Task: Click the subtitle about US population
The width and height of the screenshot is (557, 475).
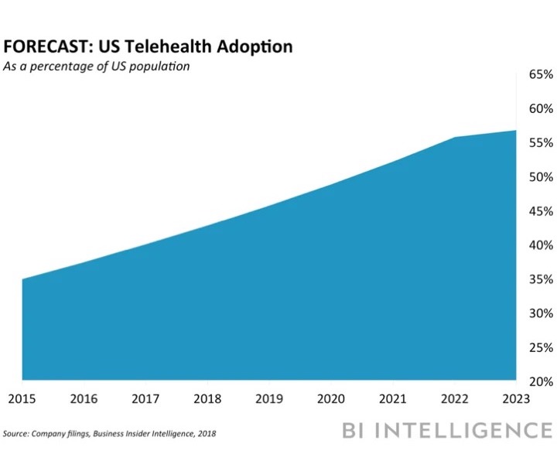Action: (96, 67)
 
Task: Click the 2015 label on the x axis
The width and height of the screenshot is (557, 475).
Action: (22, 398)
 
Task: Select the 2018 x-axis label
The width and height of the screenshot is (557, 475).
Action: (207, 398)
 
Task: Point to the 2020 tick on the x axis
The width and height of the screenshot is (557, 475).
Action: (331, 398)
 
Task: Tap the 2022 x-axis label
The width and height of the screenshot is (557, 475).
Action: (455, 398)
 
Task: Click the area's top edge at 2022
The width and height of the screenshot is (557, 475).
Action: (455, 138)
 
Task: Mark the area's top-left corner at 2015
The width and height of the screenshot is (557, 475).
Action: (22, 279)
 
